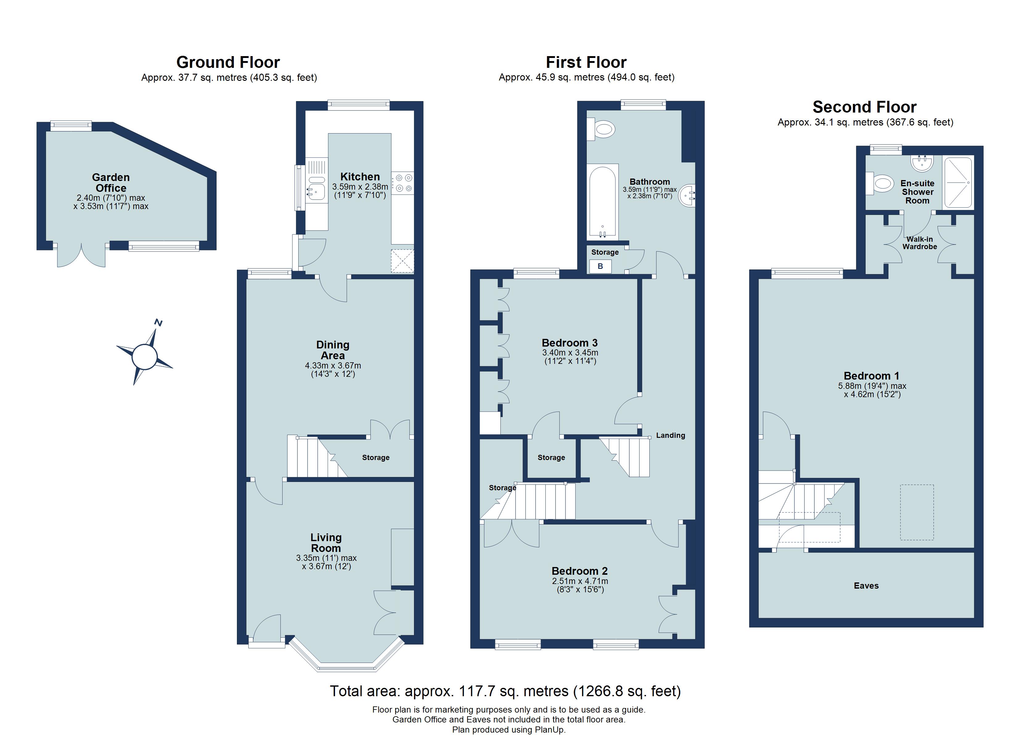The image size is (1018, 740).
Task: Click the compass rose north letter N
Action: click(x=158, y=322)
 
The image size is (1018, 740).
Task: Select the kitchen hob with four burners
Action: click(x=403, y=183)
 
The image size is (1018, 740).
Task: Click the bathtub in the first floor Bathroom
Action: click(x=603, y=202)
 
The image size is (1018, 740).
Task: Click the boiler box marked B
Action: click(x=600, y=266)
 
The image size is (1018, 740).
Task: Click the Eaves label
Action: click(x=866, y=586)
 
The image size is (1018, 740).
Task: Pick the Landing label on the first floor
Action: click(x=670, y=435)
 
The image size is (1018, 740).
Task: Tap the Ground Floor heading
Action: click(x=228, y=62)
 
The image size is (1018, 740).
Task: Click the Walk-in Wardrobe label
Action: click(x=920, y=243)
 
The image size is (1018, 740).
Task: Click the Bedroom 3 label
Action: click(x=569, y=343)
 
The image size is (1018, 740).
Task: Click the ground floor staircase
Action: click(x=314, y=458)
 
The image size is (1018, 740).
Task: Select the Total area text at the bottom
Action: click(x=505, y=691)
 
